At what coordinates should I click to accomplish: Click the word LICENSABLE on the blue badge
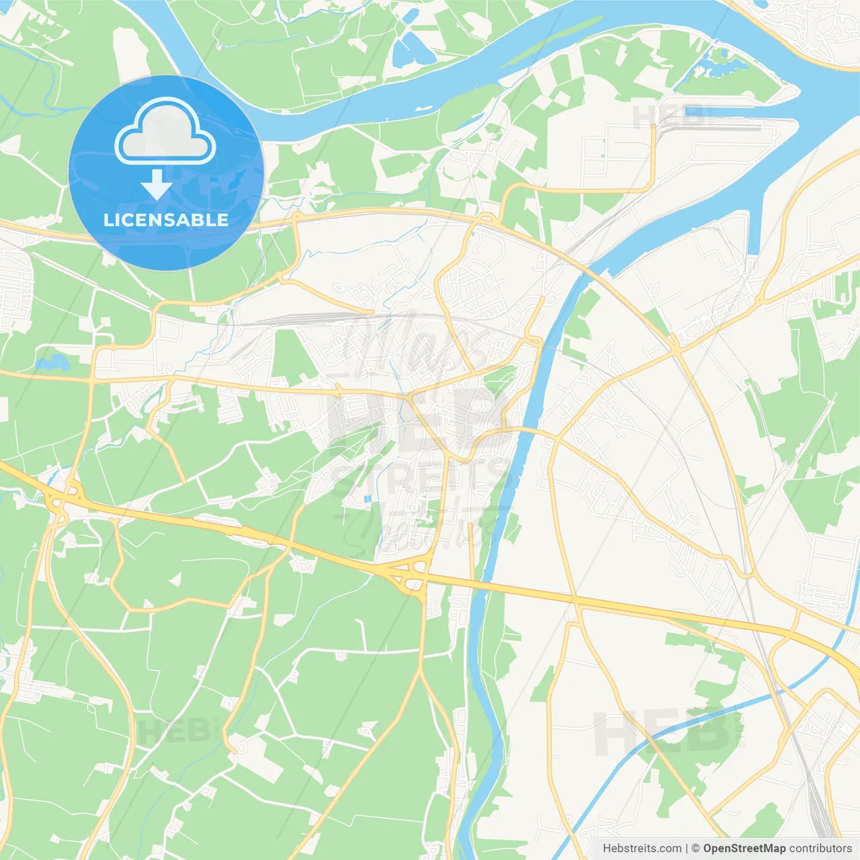tap(166, 220)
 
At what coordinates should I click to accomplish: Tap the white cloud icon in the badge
tap(165, 132)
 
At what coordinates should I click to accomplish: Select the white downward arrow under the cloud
tap(157, 185)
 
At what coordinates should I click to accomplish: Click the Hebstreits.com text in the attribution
tap(642, 849)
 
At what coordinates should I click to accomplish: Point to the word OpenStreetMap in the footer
tap(744, 849)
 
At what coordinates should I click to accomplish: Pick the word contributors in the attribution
tap(820, 849)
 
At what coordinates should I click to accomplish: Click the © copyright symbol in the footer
tap(696, 849)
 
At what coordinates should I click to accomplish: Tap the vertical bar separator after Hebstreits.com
tap(687, 849)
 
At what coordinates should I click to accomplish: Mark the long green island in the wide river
tap(551, 40)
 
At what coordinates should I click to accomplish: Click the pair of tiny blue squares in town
tap(367, 499)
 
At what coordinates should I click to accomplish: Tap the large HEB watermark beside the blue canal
tap(662, 732)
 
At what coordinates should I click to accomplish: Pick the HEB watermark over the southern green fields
tap(175, 731)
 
